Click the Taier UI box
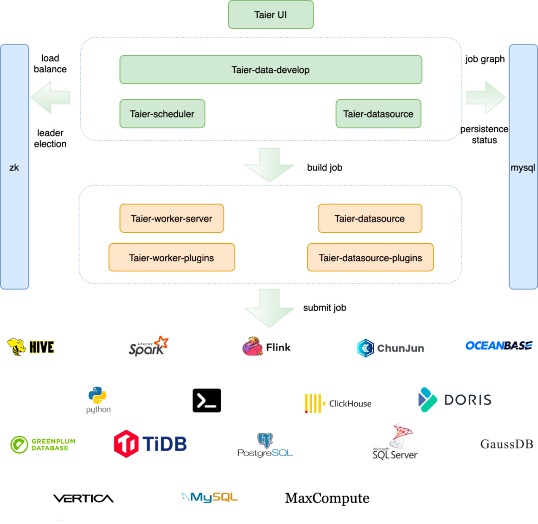(x=270, y=15)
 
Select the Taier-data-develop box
(x=270, y=70)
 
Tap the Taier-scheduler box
(x=162, y=114)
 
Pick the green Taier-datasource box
(x=379, y=114)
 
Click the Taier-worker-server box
(x=171, y=218)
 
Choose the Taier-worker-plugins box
(x=171, y=258)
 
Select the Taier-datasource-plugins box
(x=370, y=258)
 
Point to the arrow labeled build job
(x=269, y=165)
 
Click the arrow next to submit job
(x=269, y=308)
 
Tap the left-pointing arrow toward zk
(x=50, y=98)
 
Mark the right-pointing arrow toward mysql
(x=486, y=98)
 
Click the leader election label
(x=50, y=139)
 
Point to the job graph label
(x=485, y=59)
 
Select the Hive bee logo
(x=16, y=347)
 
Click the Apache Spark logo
(x=148, y=346)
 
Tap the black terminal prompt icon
(x=207, y=400)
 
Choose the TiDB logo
(x=150, y=444)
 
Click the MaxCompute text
(x=327, y=498)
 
